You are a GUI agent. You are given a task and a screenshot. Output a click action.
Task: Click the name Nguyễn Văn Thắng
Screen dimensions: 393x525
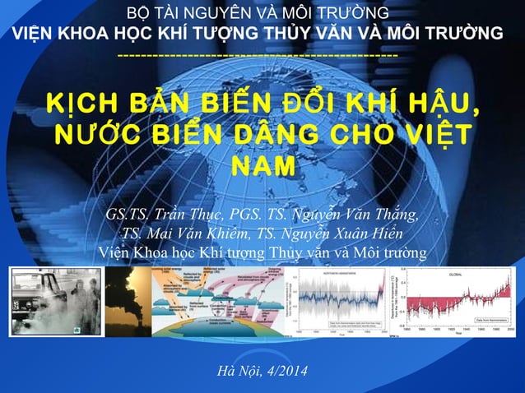coord(362,215)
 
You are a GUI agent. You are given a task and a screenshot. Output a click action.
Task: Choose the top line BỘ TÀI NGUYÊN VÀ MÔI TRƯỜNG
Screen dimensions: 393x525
coord(262,14)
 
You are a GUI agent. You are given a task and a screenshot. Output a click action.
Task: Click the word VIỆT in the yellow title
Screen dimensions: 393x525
coord(440,134)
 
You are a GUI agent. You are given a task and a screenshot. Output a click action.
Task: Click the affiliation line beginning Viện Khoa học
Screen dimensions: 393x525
coord(262,252)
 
